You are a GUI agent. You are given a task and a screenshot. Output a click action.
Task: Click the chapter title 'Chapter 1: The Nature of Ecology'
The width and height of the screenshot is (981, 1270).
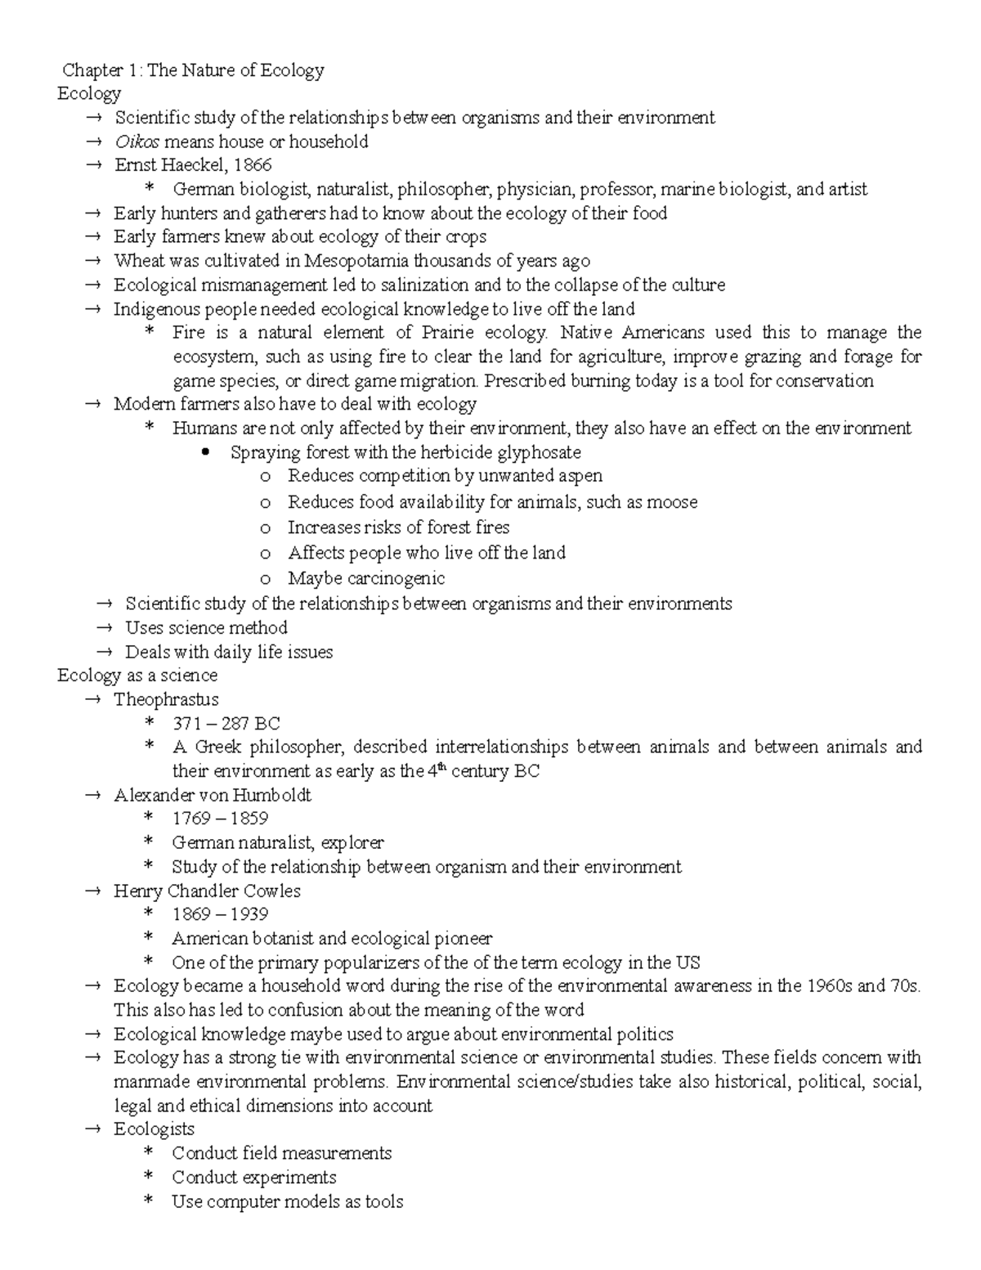tap(194, 70)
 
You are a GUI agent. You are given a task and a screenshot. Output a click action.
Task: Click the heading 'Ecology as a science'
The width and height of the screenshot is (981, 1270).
tap(137, 675)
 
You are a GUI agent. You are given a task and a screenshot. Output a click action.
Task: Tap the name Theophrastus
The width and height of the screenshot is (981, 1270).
tap(166, 700)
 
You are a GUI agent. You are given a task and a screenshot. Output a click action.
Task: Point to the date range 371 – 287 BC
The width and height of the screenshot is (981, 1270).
tap(226, 724)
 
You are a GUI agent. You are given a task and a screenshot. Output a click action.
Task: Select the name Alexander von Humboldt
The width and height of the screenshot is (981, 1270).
tap(213, 795)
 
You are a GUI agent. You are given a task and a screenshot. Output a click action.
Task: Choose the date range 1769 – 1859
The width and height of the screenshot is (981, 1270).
tap(220, 819)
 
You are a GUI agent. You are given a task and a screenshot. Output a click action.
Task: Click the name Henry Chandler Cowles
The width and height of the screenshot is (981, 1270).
tap(207, 891)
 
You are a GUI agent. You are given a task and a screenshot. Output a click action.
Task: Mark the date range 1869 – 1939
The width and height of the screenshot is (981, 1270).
tap(220, 914)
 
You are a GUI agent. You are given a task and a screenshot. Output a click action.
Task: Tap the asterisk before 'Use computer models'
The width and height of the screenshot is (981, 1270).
tap(149, 1200)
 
